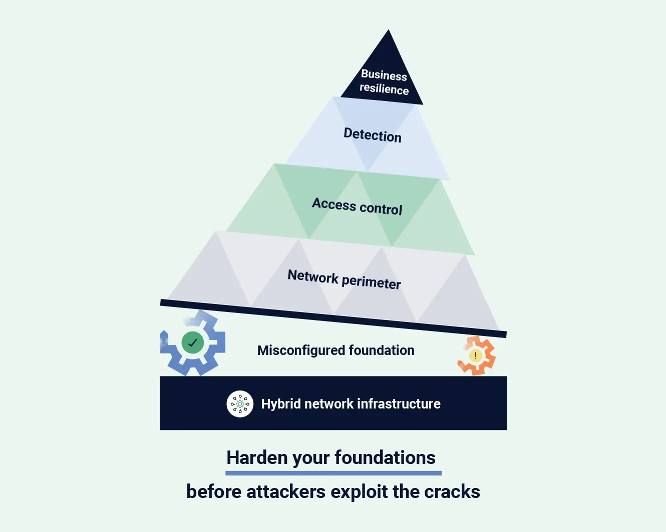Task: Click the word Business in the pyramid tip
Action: (384, 75)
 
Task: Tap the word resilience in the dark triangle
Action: (384, 88)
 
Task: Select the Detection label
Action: (372, 135)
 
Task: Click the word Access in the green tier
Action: (334, 204)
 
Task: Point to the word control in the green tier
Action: (381, 208)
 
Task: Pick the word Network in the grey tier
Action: (313, 276)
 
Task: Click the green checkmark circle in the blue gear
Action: (192, 343)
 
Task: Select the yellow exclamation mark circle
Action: (475, 355)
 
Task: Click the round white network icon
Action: (240, 403)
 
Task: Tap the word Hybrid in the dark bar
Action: (281, 404)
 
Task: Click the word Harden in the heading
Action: (256, 457)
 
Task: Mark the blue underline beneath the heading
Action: (334, 472)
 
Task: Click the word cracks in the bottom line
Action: (452, 491)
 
